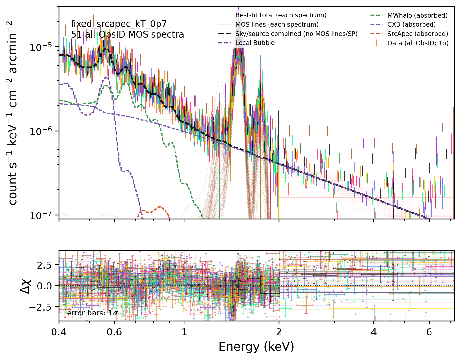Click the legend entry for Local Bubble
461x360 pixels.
tap(246, 43)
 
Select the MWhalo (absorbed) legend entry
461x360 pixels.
tap(409, 15)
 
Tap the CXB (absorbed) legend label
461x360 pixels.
tap(412, 25)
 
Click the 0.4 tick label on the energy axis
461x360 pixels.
tap(59, 332)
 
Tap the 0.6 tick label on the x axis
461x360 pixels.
tap(114, 332)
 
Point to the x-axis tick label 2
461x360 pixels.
tap(279, 332)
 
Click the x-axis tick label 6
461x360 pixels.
tap(429, 332)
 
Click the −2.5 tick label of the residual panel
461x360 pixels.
tap(40, 306)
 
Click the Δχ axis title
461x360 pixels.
tap(25, 286)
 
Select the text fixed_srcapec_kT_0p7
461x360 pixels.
tap(119, 24)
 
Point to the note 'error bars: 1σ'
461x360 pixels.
tap(92, 313)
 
